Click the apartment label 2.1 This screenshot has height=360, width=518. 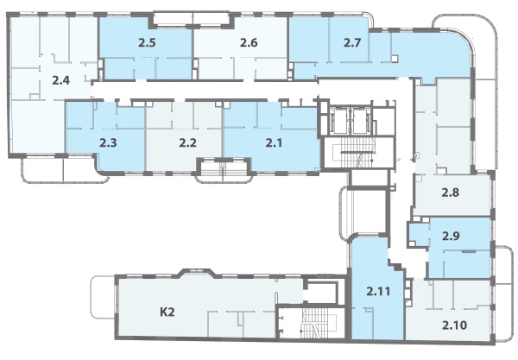click(x=275, y=143)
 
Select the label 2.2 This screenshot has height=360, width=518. click(x=187, y=143)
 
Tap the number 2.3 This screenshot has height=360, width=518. click(x=108, y=143)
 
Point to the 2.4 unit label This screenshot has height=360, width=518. click(x=60, y=80)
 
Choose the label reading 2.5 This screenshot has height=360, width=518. click(x=147, y=42)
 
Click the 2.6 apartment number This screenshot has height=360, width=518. click(x=249, y=42)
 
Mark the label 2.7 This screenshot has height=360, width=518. click(x=352, y=42)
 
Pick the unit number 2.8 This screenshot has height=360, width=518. click(x=451, y=193)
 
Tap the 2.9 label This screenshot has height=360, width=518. click(x=451, y=237)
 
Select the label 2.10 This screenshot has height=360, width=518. click(x=455, y=325)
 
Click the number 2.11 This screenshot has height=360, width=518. click(x=378, y=291)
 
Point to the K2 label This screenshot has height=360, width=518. click(x=167, y=313)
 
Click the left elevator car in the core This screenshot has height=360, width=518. click(x=339, y=120)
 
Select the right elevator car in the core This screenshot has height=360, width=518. click(x=361, y=120)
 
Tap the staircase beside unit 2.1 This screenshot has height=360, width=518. click(x=358, y=153)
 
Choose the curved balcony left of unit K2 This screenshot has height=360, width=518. click(x=103, y=297)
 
